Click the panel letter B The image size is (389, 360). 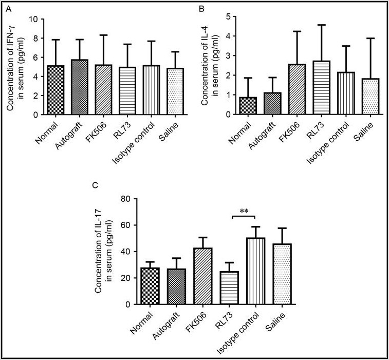coord(202,9)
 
